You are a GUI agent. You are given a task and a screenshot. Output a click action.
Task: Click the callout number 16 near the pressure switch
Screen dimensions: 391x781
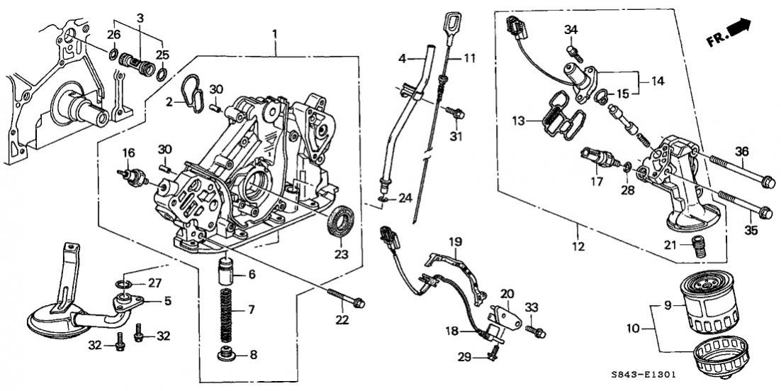pyautogui.click(x=128, y=153)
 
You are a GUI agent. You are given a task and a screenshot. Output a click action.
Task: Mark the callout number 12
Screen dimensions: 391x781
pyautogui.click(x=578, y=247)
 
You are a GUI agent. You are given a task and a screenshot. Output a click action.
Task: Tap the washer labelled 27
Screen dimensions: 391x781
pyautogui.click(x=124, y=285)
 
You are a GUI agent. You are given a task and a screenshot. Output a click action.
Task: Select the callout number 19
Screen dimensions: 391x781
pyautogui.click(x=454, y=241)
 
